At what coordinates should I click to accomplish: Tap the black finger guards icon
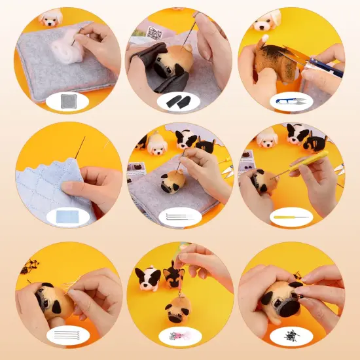point(179,101)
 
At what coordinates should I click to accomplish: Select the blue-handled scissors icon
point(291,101)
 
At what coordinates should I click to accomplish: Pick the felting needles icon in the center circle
point(179,217)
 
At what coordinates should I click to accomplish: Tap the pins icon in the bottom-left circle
point(68,336)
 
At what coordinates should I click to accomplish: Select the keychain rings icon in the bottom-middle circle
point(179,336)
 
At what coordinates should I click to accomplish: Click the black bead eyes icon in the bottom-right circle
point(291,336)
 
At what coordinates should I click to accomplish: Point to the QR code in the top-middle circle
point(155,33)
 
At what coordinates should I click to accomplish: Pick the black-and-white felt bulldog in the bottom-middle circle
point(148,278)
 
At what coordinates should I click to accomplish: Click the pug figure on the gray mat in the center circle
point(169,179)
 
